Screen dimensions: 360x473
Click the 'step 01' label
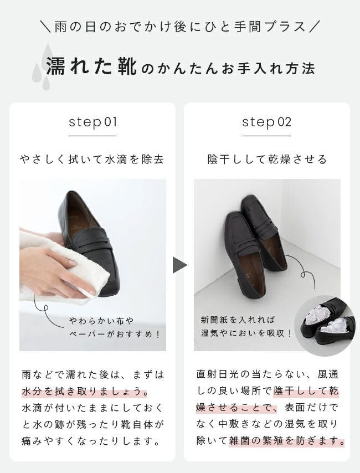tap(92, 122)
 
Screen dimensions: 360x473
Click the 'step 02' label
tap(267, 122)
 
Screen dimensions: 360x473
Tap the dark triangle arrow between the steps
tap(180, 265)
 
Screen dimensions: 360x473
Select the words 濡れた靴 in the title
tap(92, 66)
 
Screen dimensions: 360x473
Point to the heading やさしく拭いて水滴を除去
tap(92, 160)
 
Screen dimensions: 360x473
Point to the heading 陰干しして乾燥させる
tap(267, 160)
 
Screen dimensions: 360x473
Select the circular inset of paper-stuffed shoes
tap(325, 326)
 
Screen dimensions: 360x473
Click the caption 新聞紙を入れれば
tap(238, 320)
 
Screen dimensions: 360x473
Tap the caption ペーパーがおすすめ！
tap(115, 334)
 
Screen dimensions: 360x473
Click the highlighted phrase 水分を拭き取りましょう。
tap(85, 391)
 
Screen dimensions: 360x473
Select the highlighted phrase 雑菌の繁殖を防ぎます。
tap(287, 441)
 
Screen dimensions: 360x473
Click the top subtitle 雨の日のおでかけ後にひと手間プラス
tap(180, 27)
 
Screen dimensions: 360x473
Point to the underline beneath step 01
tap(92, 136)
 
